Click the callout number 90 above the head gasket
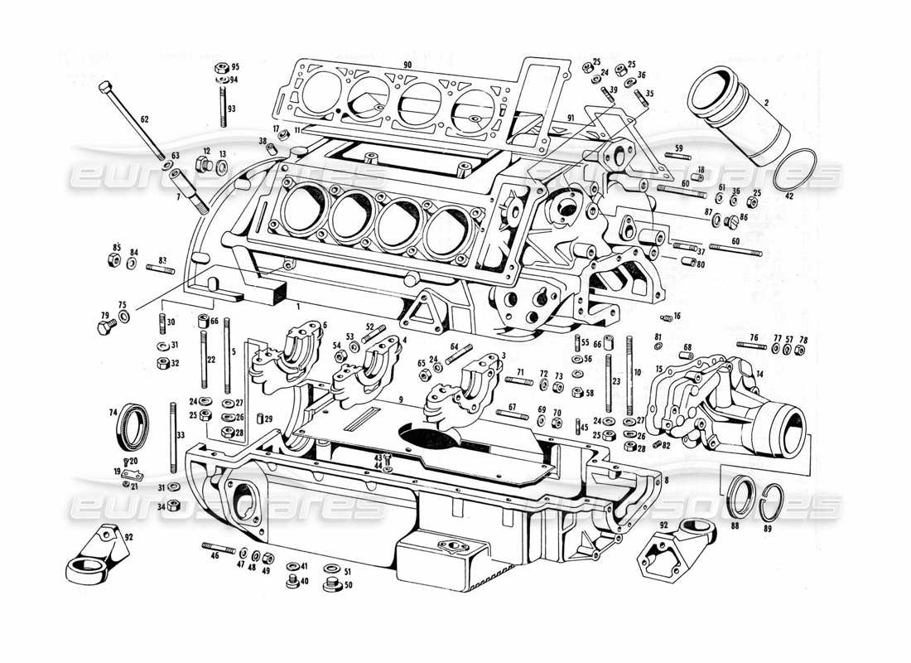pos(407,65)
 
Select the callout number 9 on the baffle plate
pos(400,399)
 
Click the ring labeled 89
pos(770,502)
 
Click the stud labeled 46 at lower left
pos(218,547)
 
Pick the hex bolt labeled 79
pos(105,328)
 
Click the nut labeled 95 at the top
pos(221,67)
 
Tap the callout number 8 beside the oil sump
pos(667,481)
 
